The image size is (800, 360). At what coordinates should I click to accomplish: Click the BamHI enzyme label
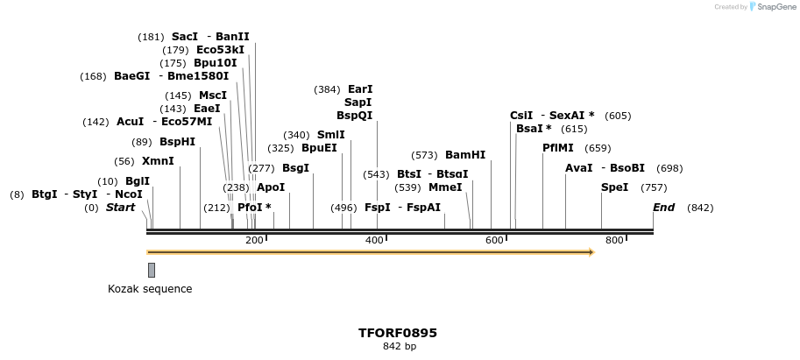(464, 155)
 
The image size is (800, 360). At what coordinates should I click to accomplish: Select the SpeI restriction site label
(614, 187)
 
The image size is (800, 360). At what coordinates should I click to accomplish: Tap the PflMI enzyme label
(558, 148)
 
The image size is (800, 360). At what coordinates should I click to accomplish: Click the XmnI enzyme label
(158, 161)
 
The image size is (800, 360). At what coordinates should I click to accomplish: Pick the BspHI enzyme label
(177, 142)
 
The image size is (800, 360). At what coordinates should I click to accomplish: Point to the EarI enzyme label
(360, 89)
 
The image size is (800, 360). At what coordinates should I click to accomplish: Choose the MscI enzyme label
(213, 95)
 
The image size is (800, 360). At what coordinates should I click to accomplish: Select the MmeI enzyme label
(445, 187)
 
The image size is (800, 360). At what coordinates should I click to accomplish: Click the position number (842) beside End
(700, 208)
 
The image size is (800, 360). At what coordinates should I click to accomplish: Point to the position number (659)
(598, 148)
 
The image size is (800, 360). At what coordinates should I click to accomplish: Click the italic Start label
(121, 208)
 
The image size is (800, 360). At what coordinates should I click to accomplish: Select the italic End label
(663, 208)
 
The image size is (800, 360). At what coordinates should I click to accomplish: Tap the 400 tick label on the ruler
(374, 240)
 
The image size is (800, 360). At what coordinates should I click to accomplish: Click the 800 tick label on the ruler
(614, 240)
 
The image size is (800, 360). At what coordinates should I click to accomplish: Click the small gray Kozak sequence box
(152, 270)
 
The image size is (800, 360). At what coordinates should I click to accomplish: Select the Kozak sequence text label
(150, 289)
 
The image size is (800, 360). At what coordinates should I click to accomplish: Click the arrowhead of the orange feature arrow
(591, 252)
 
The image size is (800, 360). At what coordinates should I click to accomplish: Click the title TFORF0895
(398, 333)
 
